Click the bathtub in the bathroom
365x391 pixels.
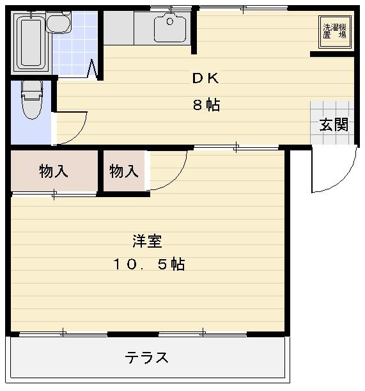[x=31, y=43]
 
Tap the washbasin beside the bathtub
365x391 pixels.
[x=59, y=22]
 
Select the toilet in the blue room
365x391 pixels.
[x=31, y=99]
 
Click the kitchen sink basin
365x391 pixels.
[x=170, y=28]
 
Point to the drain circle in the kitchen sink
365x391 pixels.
[x=170, y=22]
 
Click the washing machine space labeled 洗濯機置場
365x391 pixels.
[x=335, y=31]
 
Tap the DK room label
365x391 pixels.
[x=206, y=78]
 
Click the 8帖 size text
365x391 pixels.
[x=206, y=105]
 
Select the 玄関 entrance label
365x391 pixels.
[x=334, y=124]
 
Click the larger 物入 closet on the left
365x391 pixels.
[x=54, y=171]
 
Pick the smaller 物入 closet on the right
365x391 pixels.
[x=124, y=171]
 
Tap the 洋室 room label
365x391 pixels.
[x=148, y=241]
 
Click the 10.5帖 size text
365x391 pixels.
[x=149, y=264]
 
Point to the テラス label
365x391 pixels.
[x=146, y=357]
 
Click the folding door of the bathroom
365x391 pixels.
[x=92, y=68]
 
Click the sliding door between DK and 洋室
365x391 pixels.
[x=236, y=148]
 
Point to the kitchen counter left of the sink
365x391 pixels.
[x=119, y=28]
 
